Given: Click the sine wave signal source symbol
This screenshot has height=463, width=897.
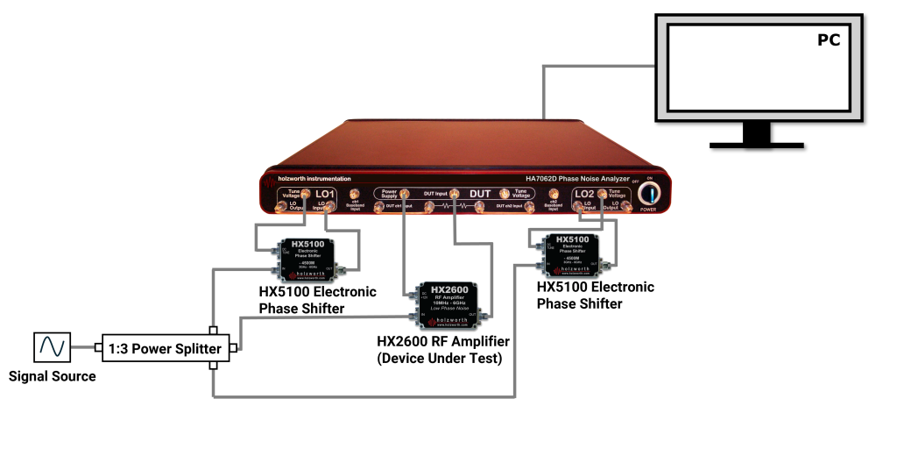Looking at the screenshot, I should point(51,348).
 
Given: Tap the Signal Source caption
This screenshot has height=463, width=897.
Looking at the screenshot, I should point(52,377).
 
